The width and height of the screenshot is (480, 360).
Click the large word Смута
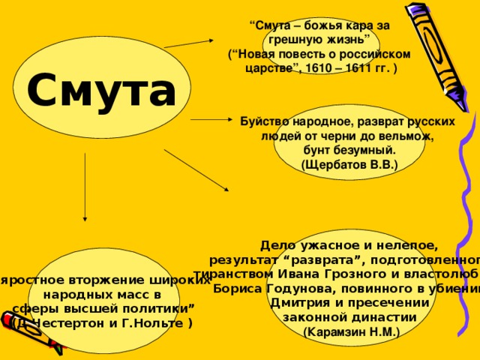pos(102,90)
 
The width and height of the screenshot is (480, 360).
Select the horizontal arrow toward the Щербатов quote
pos(212,119)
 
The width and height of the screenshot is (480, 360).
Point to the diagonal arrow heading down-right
pos(197,169)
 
